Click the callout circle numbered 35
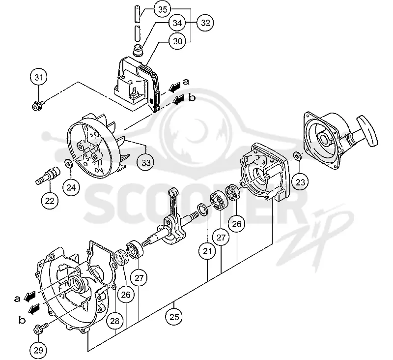[x=163, y=9]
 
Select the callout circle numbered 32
[x=205, y=23]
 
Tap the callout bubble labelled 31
[x=39, y=77]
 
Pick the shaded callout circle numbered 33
[x=146, y=163]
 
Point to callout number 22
[x=50, y=201]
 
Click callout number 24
[x=71, y=187]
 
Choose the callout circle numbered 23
[x=300, y=182]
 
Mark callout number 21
[x=207, y=251]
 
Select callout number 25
[x=174, y=317]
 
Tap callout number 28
[x=114, y=321]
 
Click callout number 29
[x=38, y=350]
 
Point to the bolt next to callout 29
[x=41, y=328]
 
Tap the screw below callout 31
[x=38, y=105]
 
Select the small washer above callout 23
[x=297, y=156]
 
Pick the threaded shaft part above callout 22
[x=48, y=175]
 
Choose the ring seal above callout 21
[x=202, y=210]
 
